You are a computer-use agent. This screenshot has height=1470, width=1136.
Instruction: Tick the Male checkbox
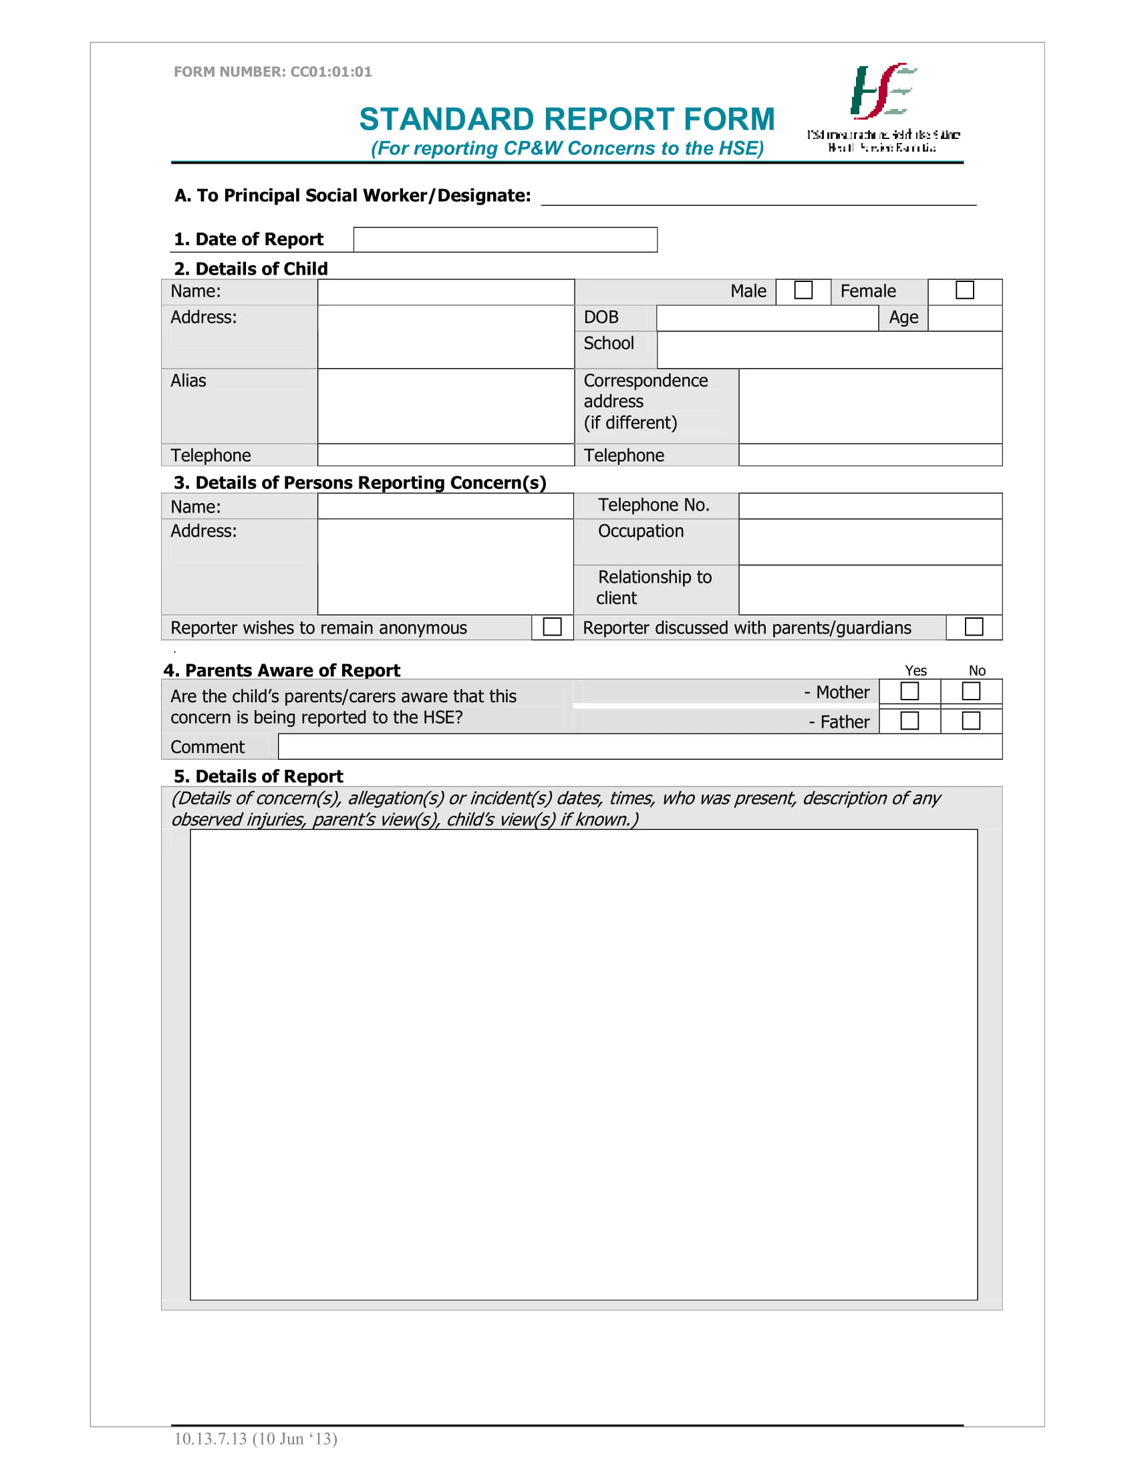pos(803,290)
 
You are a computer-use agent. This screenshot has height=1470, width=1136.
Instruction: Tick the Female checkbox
pos(964,290)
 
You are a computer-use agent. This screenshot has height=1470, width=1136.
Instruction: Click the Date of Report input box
pos(505,240)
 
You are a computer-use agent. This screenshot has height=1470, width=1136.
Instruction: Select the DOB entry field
pos(766,317)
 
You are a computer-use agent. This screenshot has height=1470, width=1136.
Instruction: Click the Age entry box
pos(964,317)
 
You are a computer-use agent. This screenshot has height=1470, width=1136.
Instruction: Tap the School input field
pos(829,349)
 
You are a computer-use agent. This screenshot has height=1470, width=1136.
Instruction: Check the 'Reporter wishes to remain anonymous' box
pos(552,627)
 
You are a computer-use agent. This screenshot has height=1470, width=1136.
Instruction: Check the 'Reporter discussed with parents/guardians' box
pos(973,627)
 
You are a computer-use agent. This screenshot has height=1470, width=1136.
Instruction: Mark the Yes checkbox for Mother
pos(909,692)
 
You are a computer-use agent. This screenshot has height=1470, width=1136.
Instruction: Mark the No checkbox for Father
pos(970,721)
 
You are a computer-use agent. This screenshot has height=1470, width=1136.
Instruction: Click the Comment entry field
pos(640,746)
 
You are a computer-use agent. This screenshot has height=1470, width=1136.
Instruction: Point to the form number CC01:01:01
pos(273,71)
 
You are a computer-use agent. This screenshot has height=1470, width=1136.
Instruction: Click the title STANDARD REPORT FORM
pos(567,119)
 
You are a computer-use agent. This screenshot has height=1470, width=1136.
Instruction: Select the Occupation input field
pos(869,542)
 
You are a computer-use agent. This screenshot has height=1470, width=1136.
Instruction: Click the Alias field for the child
pos(445,406)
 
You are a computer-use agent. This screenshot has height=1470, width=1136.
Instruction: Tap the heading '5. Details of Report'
pos(259,776)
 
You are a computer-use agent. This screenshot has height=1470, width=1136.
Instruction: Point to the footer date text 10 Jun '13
pos(294,1439)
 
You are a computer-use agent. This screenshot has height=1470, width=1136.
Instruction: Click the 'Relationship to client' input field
pos(869,589)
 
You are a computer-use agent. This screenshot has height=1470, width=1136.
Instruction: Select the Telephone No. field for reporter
pos(869,506)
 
